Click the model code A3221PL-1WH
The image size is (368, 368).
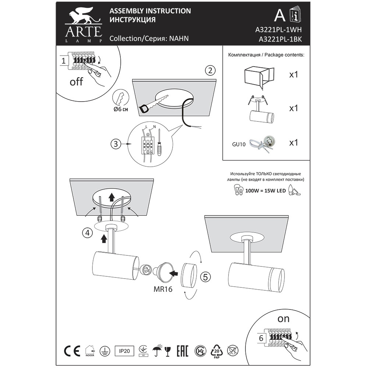[x=278, y=30]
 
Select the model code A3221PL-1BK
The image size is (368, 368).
[x=280, y=39]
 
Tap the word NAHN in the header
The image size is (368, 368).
[x=179, y=38]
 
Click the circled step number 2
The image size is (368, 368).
[x=210, y=70]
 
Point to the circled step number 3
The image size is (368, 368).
[x=116, y=144]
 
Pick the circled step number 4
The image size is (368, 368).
[x=88, y=233]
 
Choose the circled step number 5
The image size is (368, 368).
[x=205, y=277]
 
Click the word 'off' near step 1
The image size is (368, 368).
[x=76, y=82]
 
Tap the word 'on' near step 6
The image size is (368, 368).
[x=283, y=319]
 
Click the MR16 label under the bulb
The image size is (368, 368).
[x=163, y=289]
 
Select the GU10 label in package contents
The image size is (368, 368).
[x=239, y=144]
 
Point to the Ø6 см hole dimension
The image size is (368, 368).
[x=121, y=109]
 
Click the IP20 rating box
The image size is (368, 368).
[x=124, y=351]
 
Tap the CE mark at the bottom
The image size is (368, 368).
[x=72, y=351]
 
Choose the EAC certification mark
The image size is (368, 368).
[x=183, y=351]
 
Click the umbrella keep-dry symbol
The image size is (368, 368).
[x=157, y=351]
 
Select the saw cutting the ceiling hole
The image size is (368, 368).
[x=153, y=104]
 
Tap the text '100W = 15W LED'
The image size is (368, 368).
[x=265, y=191]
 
